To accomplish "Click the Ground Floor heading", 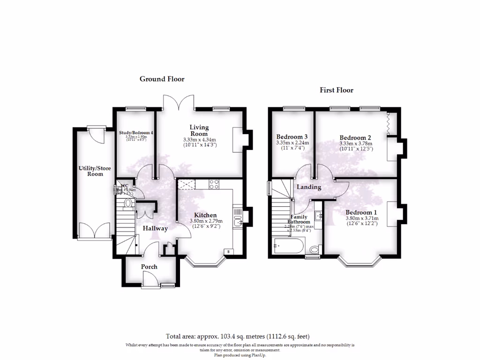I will pos(162,79).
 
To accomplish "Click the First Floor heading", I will pos(337,90).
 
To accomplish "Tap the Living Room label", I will pos(199,130).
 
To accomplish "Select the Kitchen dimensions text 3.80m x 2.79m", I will pos(206,221).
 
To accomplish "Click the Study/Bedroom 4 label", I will pos(136,133).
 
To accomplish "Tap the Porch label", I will pos(150,267).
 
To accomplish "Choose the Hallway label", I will pos(155,229).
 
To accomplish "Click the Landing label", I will pos(309,187).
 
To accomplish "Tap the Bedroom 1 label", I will pos(361,212).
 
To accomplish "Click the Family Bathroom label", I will pos(299,219).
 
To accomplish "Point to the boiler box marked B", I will pos(228,252).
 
